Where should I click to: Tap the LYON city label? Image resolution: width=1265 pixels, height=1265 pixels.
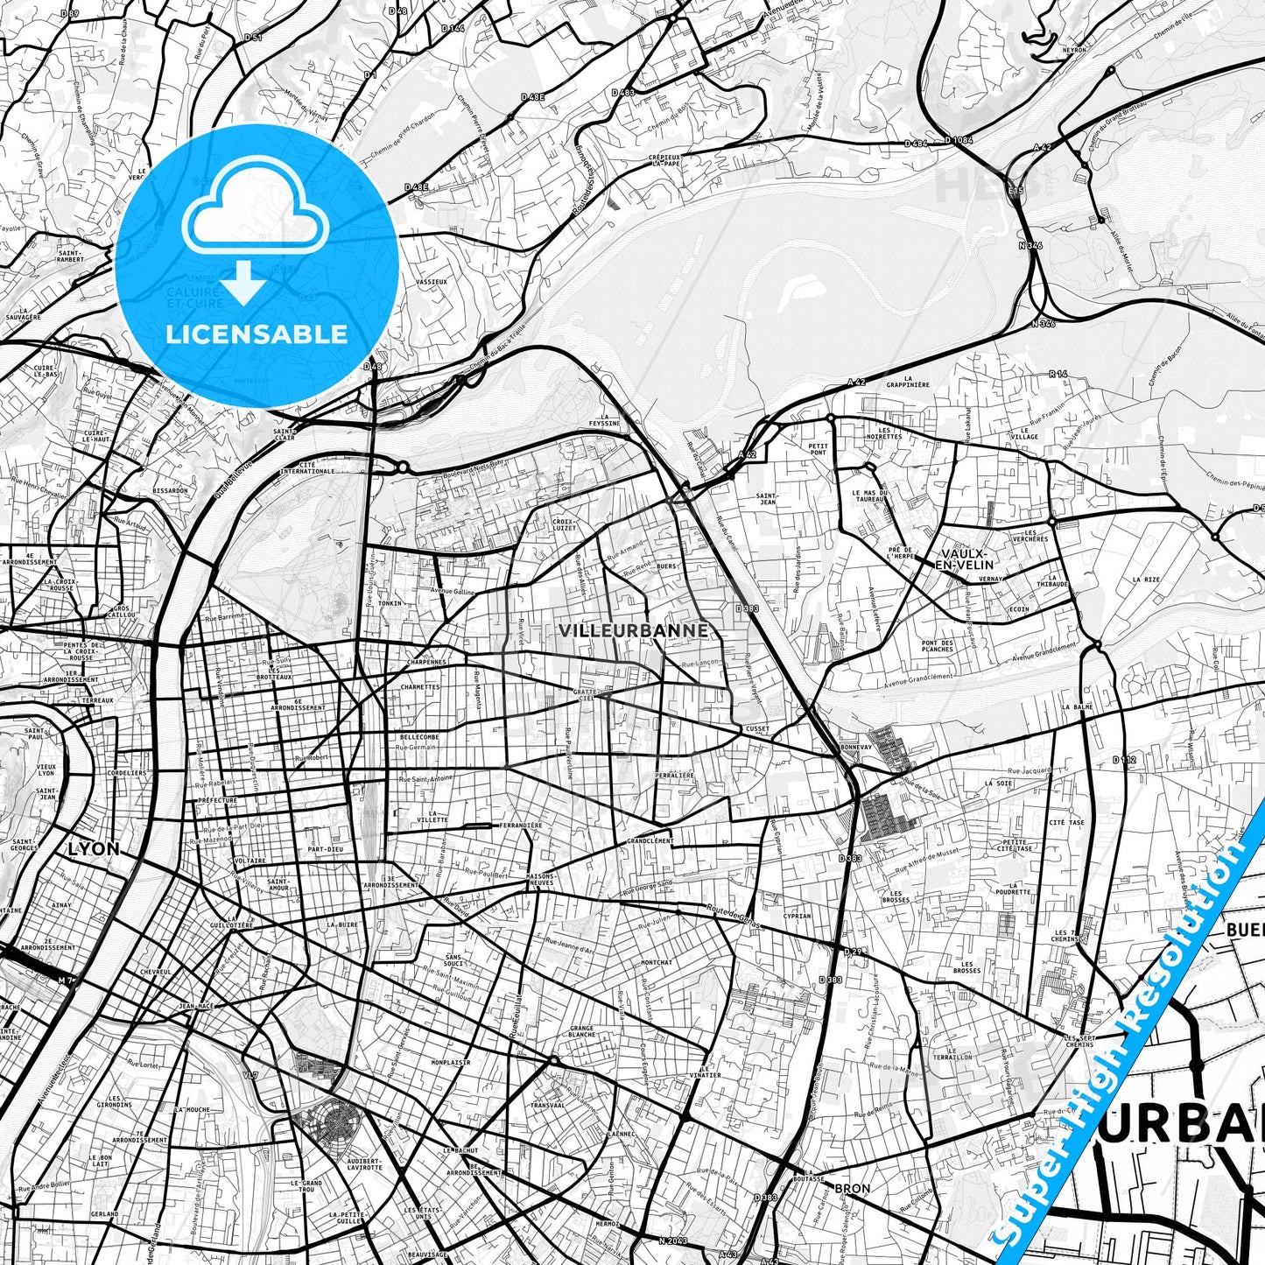point(93,848)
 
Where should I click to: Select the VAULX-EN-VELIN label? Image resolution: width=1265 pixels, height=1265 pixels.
point(965,559)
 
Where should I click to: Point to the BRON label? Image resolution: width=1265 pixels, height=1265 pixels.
point(852,1188)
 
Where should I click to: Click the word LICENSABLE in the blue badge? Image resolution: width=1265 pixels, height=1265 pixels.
point(257,334)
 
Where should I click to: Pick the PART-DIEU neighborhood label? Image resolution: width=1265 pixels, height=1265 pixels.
point(325,849)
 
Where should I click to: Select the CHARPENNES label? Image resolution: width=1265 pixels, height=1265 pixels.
point(426,662)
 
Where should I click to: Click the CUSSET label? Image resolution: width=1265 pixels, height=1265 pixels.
point(757,728)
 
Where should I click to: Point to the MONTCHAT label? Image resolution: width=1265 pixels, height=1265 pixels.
point(657,962)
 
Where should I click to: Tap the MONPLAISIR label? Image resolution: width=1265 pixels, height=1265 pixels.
point(451,1062)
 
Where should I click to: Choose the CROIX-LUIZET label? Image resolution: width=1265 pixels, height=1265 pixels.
point(565,524)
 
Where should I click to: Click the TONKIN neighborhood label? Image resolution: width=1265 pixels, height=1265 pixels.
point(390,603)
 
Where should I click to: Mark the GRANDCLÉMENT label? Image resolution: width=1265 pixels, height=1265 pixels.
point(650,840)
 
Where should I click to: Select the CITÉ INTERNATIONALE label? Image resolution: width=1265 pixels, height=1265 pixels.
point(306,467)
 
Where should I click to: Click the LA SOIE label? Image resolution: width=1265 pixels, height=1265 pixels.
point(998,784)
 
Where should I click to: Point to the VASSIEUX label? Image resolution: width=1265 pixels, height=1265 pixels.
point(431,282)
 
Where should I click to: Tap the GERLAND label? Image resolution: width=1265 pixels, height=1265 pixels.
point(103,1214)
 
